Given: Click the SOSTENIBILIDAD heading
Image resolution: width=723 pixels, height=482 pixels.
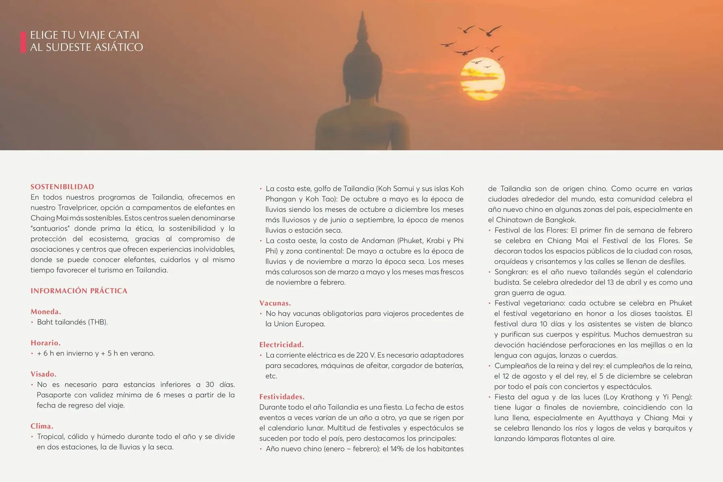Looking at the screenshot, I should [x=62, y=187].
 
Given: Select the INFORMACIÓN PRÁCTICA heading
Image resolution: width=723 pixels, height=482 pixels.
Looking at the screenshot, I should [x=79, y=291].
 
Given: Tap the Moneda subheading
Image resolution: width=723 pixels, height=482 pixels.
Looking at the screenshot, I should [x=46, y=312].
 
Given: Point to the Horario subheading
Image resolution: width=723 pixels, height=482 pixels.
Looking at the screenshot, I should [x=46, y=343].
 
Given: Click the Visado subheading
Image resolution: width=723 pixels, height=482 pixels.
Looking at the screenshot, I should [x=43, y=374].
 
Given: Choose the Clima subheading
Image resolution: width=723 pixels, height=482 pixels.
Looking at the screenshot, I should [x=42, y=426].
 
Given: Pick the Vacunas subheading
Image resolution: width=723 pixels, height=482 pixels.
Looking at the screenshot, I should [x=275, y=303].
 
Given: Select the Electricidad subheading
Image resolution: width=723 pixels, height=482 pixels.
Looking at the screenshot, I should [x=282, y=345].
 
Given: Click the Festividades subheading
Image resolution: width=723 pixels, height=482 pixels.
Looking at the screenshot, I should [x=282, y=397].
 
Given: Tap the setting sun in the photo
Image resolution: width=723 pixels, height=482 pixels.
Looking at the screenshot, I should [x=482, y=80].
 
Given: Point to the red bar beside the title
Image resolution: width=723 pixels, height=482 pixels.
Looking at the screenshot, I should [x=23, y=42].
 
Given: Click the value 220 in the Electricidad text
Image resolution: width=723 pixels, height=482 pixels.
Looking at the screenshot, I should [x=362, y=355].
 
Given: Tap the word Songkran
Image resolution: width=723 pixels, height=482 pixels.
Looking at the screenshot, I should [x=511, y=272].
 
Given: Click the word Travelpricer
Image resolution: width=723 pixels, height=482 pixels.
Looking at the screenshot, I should [x=77, y=208].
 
